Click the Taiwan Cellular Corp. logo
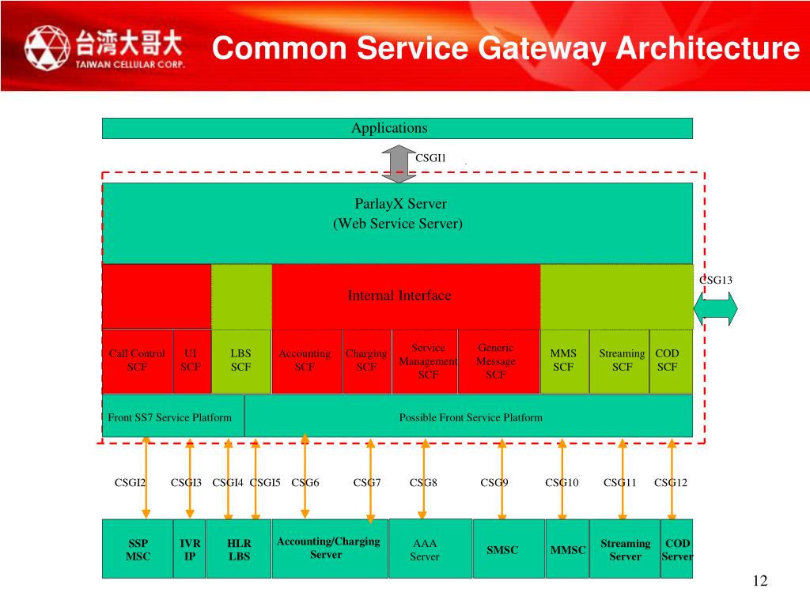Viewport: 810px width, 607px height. click(x=104, y=47)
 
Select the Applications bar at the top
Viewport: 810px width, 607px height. click(x=397, y=128)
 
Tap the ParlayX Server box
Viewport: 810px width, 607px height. click(x=397, y=221)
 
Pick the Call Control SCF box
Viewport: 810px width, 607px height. click(x=137, y=360)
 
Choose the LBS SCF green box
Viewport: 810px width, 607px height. click(x=240, y=360)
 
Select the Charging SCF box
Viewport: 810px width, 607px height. click(x=366, y=360)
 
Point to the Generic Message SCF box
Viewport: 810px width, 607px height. click(x=496, y=360)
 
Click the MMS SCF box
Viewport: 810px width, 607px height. click(x=563, y=360)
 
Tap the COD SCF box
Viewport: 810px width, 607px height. click(x=669, y=360)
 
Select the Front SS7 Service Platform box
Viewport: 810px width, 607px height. click(x=171, y=417)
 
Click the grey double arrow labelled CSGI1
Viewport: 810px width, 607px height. click(x=394, y=163)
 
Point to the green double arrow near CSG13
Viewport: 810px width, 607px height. click(x=716, y=307)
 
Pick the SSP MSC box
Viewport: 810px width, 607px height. click(x=138, y=549)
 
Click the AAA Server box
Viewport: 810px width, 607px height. click(x=425, y=549)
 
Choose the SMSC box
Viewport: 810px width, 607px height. click(x=502, y=549)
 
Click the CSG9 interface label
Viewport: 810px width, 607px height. click(x=494, y=482)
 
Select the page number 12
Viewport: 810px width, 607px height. click(x=760, y=582)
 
